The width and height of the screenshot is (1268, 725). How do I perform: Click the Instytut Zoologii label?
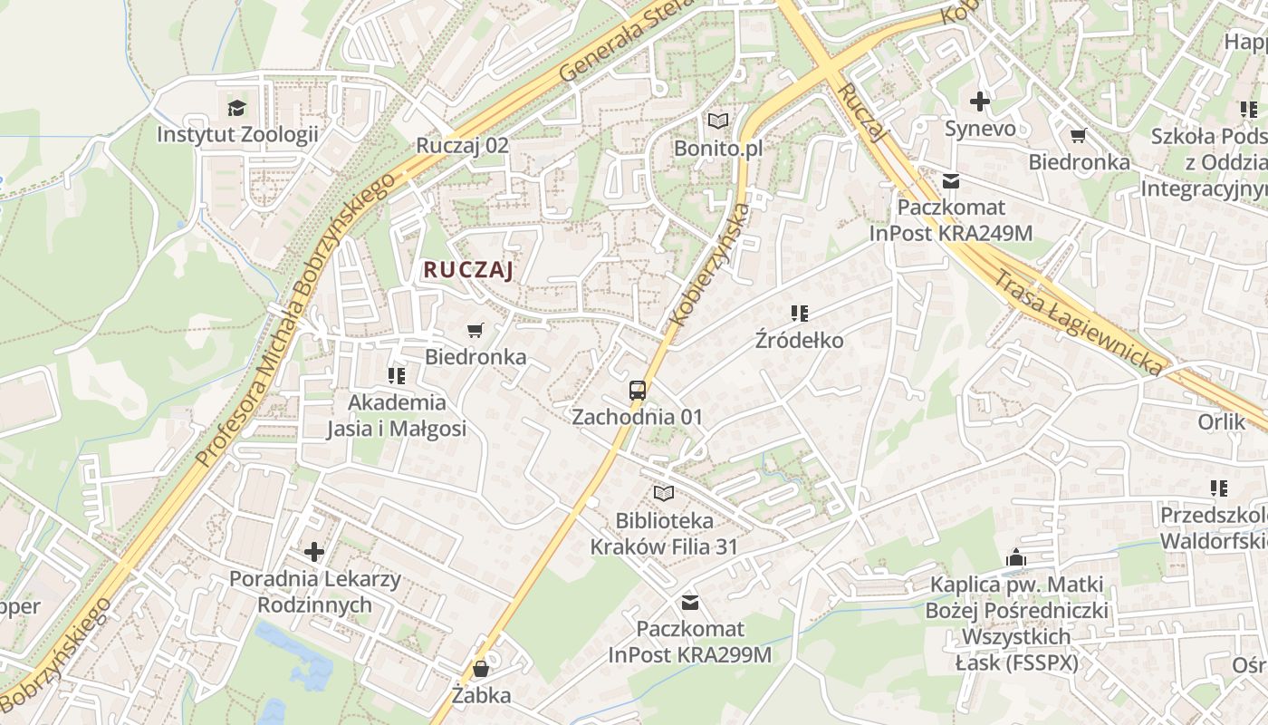point(237,135)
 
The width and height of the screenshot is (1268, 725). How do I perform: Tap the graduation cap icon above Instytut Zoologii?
point(237,108)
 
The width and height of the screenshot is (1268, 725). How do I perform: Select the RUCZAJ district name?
point(468,269)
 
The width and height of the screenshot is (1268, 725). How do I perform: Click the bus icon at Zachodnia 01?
point(638,391)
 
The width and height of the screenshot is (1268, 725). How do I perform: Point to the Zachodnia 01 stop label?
point(638,417)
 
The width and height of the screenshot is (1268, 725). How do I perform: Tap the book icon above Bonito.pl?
point(718,121)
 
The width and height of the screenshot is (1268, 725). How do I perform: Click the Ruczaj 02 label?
point(462,145)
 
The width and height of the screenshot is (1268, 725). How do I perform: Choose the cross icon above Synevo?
point(980,102)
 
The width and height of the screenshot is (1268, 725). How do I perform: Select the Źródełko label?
point(800,341)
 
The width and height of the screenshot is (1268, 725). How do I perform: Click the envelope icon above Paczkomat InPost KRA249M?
point(951,180)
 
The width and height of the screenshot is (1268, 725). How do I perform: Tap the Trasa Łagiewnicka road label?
point(1078,322)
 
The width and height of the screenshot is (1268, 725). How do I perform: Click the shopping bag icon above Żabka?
point(481,670)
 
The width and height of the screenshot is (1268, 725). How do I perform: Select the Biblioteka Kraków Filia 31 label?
point(664,534)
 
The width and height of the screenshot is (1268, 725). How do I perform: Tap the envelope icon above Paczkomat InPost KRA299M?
point(690,603)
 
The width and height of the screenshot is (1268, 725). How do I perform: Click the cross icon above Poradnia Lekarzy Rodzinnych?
point(314,551)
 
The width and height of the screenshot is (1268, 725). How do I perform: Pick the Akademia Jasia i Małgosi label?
point(397,415)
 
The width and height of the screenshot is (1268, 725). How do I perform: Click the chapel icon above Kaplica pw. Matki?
point(1016,557)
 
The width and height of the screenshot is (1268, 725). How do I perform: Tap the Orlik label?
point(1222,422)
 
